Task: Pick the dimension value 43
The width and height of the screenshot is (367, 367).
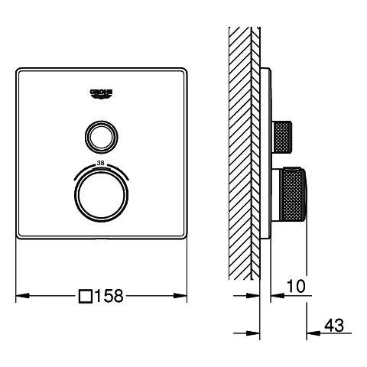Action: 333,324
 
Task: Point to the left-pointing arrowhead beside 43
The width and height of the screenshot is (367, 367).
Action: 311,333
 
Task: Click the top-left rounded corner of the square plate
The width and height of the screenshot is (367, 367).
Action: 19,70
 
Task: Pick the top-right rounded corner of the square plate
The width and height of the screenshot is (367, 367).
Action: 183,70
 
